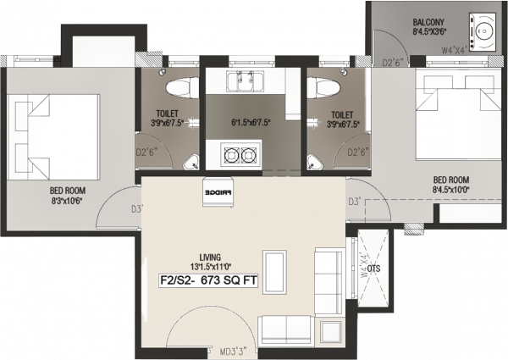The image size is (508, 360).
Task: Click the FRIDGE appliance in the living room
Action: [x=214, y=191]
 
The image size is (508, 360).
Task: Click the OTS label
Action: [x=373, y=269]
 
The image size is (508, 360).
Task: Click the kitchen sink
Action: [x=244, y=81]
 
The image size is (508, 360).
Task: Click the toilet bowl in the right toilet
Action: [x=325, y=87]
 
